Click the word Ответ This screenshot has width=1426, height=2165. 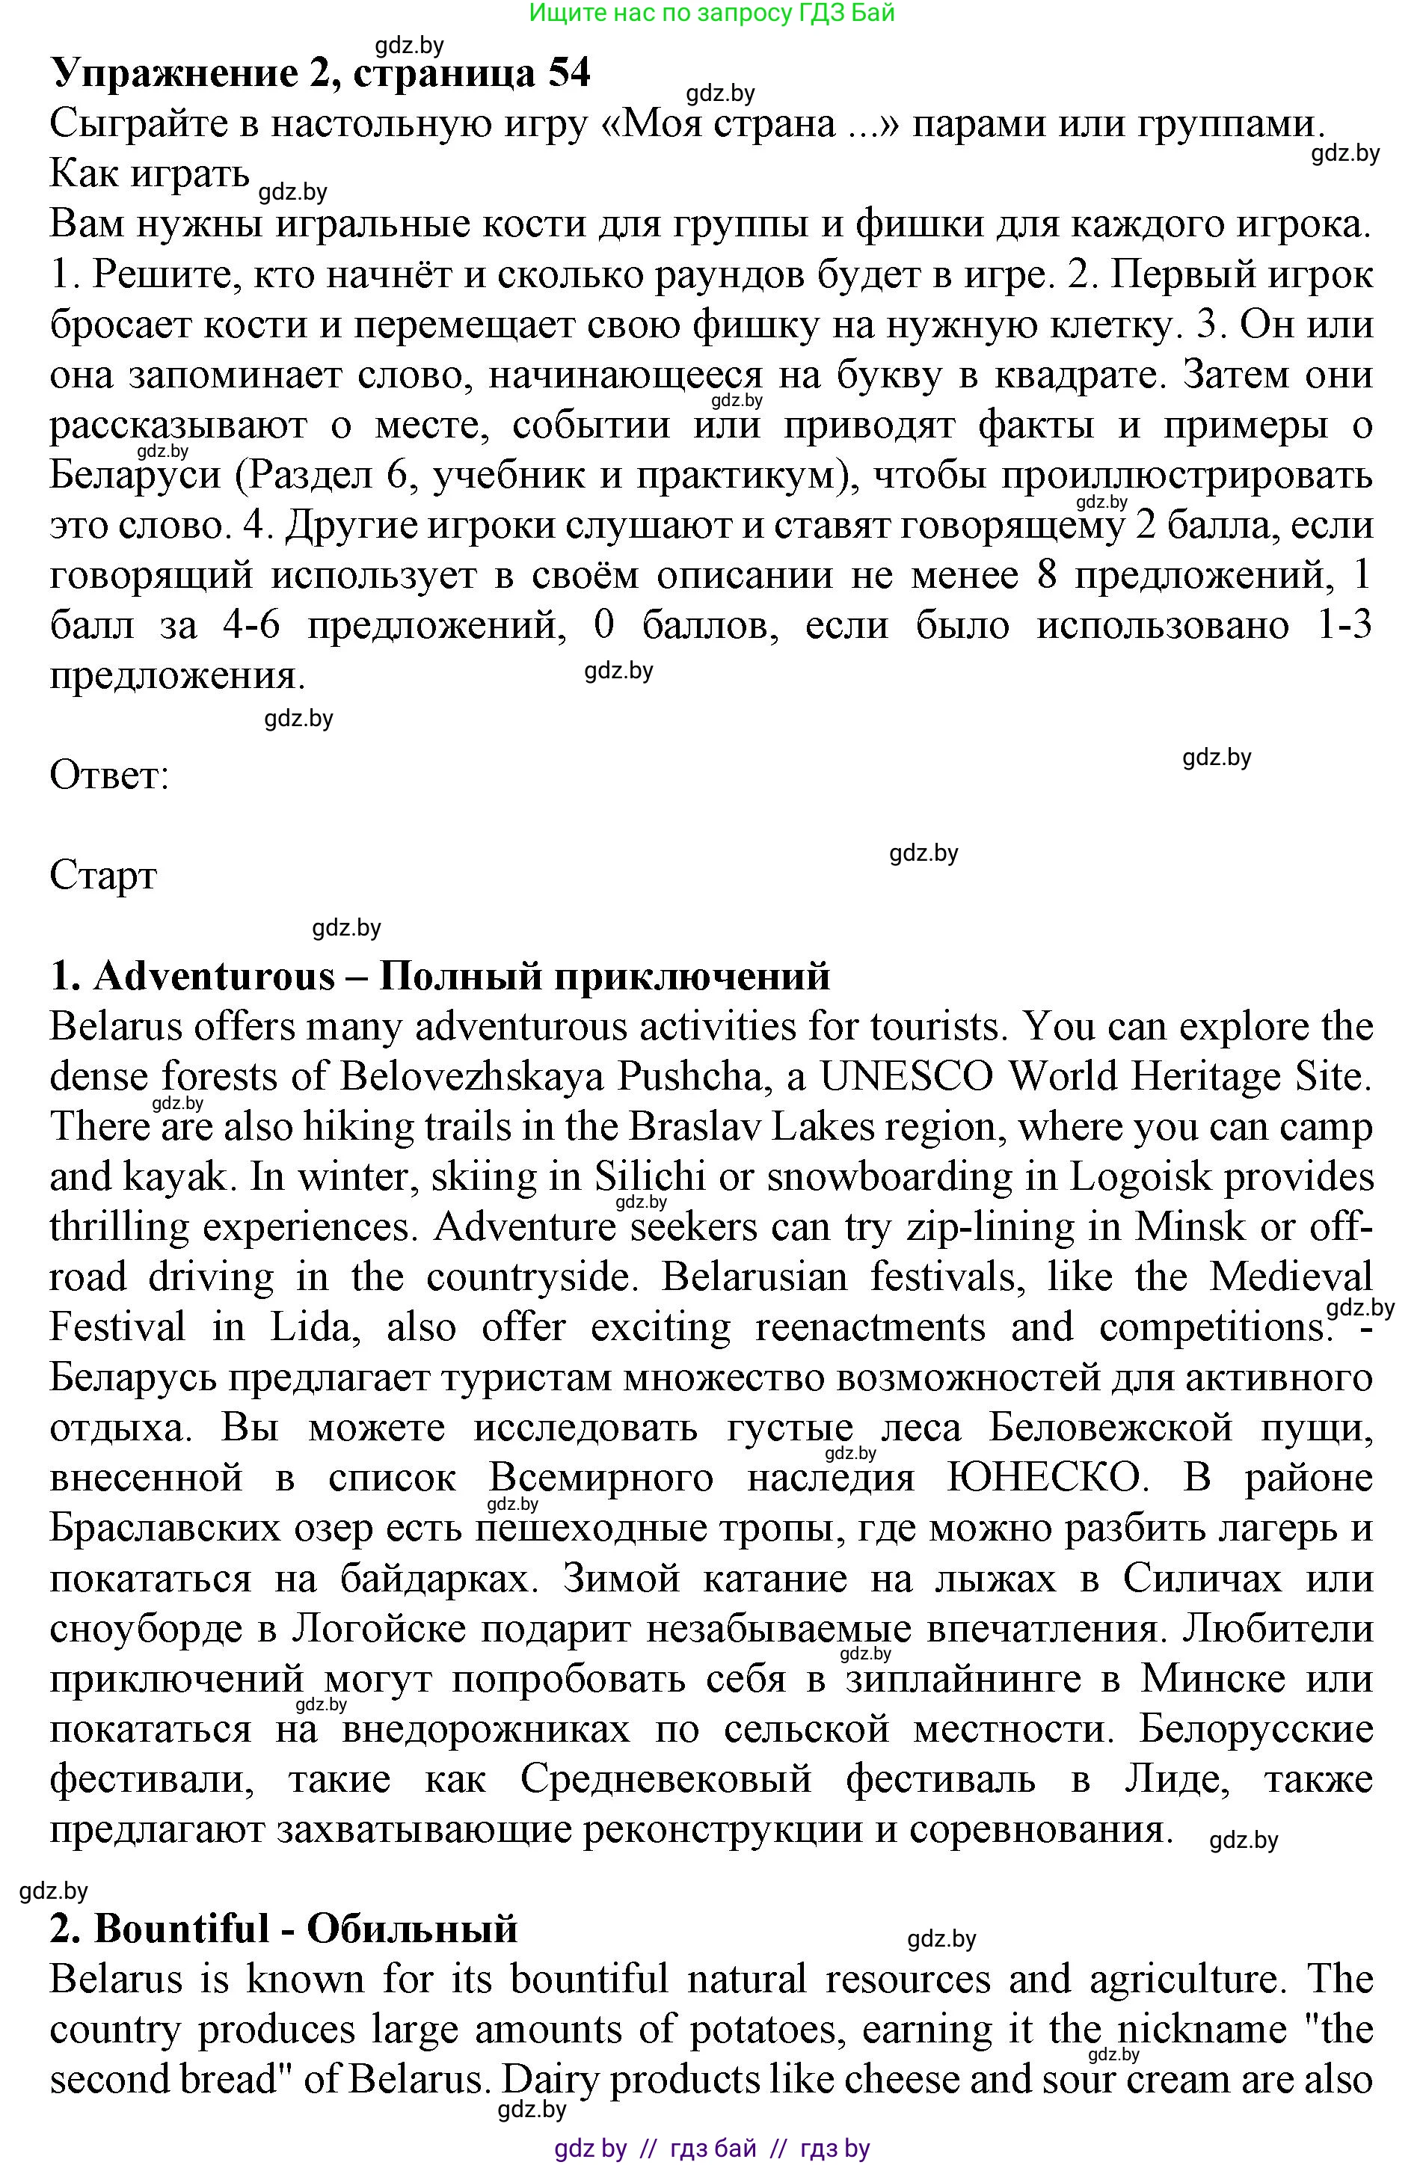109,775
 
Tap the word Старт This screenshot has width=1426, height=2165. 102,875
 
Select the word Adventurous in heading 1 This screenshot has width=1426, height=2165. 215,976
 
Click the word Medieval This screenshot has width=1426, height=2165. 1290,1277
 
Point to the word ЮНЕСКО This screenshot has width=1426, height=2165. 1043,1477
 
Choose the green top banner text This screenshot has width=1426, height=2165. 712,13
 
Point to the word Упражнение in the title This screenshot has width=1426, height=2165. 173,73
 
